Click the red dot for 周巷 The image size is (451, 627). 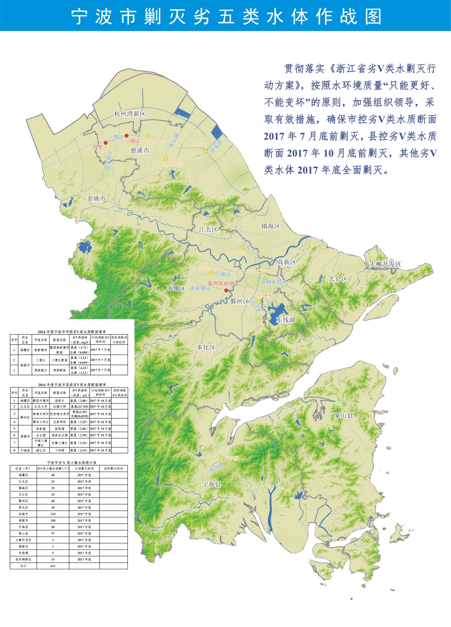coord(106,143)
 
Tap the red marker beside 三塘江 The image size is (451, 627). coord(127,136)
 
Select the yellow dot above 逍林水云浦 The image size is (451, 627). coord(166,159)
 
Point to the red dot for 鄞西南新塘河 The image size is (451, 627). coord(226,290)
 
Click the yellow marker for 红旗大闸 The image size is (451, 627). coord(243,247)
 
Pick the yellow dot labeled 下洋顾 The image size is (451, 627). coord(221,458)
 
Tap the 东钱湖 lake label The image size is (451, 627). coord(286,320)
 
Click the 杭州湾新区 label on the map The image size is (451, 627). coord(130,114)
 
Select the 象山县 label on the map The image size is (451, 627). coord(344,415)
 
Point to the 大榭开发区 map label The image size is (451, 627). coord(385,264)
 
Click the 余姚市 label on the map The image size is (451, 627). coord(96,199)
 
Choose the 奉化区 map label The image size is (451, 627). coord(206,347)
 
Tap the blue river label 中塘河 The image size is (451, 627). coord(223,274)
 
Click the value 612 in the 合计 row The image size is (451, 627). coord(53,566)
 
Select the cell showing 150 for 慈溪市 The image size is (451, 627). coord(53,520)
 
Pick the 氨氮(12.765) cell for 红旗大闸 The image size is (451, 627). coord(79,406)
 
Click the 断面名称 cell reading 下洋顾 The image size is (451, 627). coord(59,450)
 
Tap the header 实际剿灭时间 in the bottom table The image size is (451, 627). coord(113,469)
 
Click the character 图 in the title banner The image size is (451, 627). coord(374,16)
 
